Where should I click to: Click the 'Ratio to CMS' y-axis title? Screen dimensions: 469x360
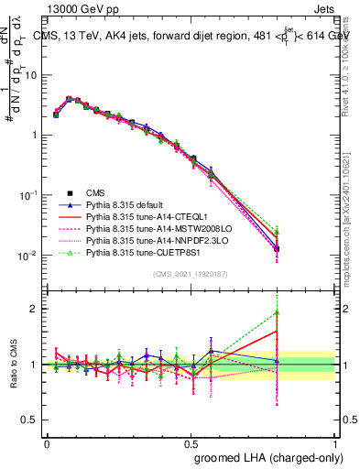click(15, 365)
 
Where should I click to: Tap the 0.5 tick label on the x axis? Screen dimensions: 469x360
click(191, 442)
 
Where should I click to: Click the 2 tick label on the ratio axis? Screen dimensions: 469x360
click(38, 309)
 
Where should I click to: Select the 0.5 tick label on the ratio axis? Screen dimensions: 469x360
click(33, 421)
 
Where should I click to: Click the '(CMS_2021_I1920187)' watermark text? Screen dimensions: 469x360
click(190, 274)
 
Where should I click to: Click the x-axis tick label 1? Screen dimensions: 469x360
click(335, 442)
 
